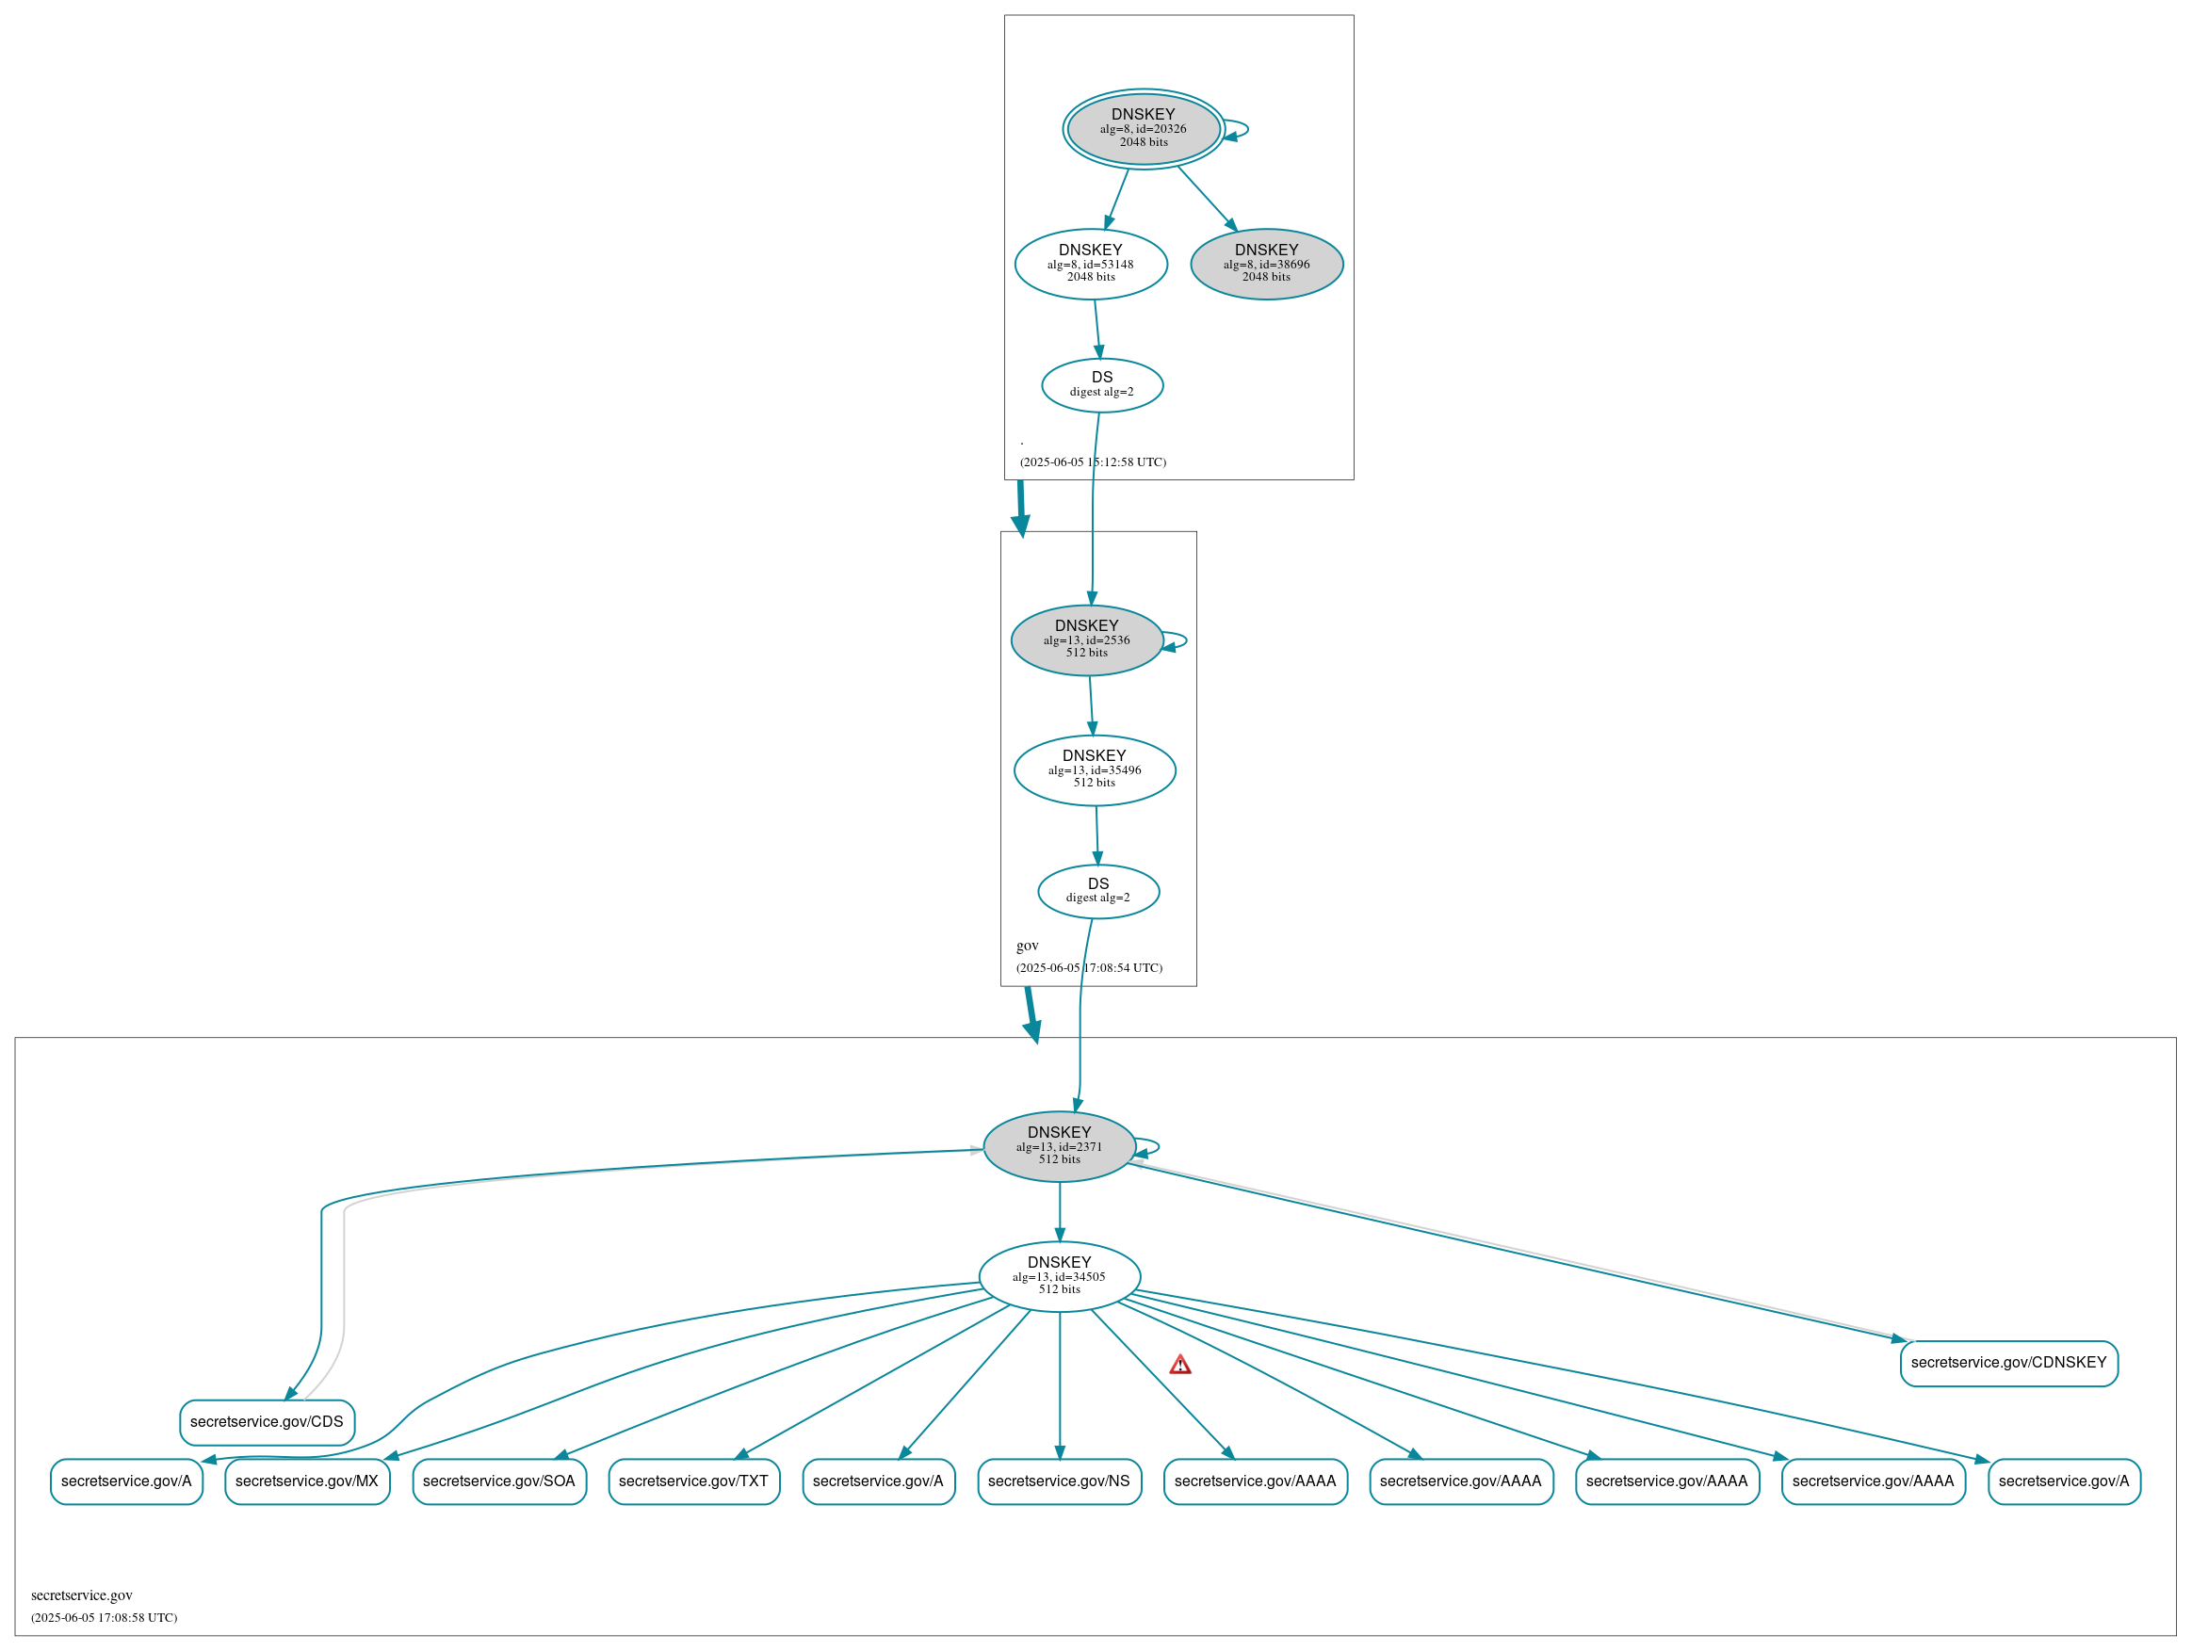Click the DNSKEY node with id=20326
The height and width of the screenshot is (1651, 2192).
1143,129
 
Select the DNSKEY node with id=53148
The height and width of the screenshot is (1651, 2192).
1090,265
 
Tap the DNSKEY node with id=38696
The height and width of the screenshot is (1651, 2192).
1265,265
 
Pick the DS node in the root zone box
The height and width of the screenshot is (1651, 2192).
1101,384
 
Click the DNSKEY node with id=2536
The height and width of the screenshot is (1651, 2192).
1086,640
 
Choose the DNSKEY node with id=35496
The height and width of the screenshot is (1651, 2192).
1094,770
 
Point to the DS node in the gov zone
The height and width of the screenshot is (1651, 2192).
1098,891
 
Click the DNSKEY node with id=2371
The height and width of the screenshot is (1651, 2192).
1059,1146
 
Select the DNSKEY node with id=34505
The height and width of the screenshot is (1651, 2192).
1059,1276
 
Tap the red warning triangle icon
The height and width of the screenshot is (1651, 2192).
1179,1366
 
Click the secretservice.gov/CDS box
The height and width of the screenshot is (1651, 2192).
267,1422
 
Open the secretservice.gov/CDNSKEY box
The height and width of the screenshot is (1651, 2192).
2007,1363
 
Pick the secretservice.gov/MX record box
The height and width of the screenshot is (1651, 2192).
307,1481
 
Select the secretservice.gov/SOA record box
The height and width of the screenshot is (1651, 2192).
498,1481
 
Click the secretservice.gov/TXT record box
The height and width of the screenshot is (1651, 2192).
693,1481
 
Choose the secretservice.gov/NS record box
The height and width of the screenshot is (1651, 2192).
1059,1481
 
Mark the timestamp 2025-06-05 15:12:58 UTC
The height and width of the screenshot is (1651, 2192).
1093,462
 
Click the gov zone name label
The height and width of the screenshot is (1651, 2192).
1027,947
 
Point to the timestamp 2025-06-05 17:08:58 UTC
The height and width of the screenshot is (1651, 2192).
104,1618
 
